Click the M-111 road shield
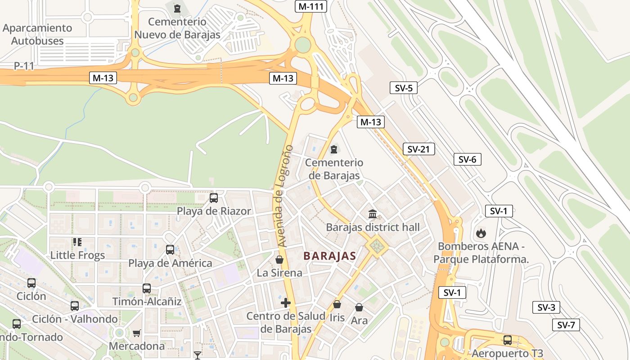(x=310, y=6)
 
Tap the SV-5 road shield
(x=404, y=88)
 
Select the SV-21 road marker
(x=418, y=149)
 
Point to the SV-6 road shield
(x=467, y=159)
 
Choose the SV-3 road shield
(x=546, y=308)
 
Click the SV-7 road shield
(x=566, y=325)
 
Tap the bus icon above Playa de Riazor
(x=214, y=198)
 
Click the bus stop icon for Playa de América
(x=170, y=250)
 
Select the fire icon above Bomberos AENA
(x=481, y=233)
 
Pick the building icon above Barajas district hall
(x=373, y=214)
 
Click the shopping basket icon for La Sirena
(x=279, y=260)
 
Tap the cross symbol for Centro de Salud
(x=285, y=303)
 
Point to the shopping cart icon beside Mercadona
(x=136, y=333)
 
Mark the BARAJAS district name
(x=330, y=256)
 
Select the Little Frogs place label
(x=77, y=255)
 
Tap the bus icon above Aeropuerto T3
(x=508, y=340)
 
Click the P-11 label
(x=24, y=66)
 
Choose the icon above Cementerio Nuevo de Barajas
(x=177, y=8)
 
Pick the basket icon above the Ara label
(x=359, y=307)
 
